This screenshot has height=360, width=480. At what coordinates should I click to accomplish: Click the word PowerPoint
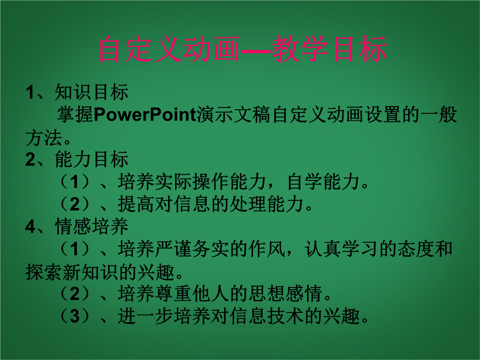click(145, 115)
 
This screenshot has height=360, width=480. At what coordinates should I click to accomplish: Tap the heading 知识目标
click(92, 92)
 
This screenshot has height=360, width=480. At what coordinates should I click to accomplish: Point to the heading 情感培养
click(92, 227)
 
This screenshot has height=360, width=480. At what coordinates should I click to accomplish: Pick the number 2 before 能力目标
click(31, 160)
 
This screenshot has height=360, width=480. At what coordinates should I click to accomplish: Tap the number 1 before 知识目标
click(30, 92)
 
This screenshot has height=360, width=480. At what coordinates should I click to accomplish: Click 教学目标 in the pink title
click(329, 49)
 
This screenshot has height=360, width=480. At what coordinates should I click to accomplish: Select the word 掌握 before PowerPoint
click(75, 115)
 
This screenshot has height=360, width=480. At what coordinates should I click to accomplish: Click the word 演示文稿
click(233, 115)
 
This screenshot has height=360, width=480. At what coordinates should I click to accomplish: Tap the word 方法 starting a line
click(44, 137)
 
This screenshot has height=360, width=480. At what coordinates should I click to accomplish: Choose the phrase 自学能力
click(324, 181)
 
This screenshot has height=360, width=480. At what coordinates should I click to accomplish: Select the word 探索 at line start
click(44, 272)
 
